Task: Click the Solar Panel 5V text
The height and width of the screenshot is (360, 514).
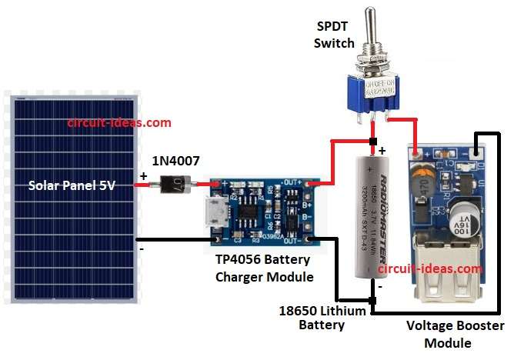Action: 72,185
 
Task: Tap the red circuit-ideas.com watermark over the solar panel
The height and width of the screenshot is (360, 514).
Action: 119,122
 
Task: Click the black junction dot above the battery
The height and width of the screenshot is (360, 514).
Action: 373,142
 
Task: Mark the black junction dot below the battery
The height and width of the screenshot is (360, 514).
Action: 373,299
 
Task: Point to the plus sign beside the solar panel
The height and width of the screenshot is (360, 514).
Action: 143,176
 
